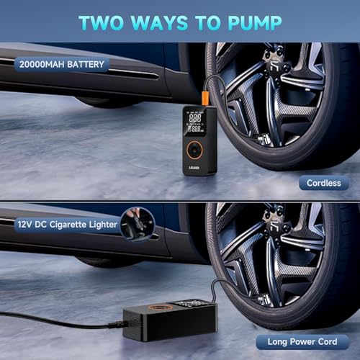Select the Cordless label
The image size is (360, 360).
point(324,184)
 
